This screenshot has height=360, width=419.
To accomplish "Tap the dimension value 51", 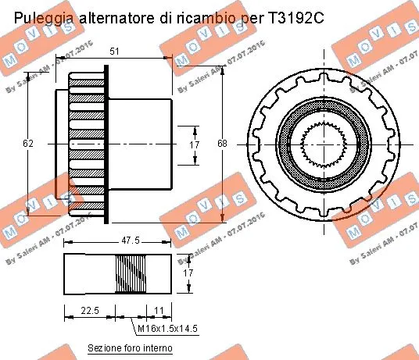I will point(115,52).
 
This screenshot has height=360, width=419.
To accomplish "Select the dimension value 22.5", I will point(89,311).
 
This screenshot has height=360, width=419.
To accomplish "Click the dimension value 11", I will point(159,311).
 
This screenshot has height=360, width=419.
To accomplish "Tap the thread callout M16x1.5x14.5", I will point(167,329).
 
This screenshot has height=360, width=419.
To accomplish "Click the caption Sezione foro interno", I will point(129,348).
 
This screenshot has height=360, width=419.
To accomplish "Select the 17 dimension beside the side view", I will point(195,144).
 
